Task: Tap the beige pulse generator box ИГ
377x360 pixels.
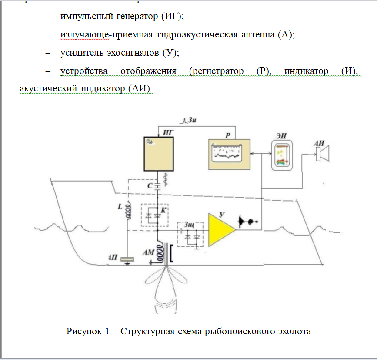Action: (x=158, y=154)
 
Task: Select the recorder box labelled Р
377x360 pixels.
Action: (x=229, y=154)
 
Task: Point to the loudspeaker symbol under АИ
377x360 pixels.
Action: (x=323, y=153)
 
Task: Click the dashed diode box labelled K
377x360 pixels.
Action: (x=155, y=215)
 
